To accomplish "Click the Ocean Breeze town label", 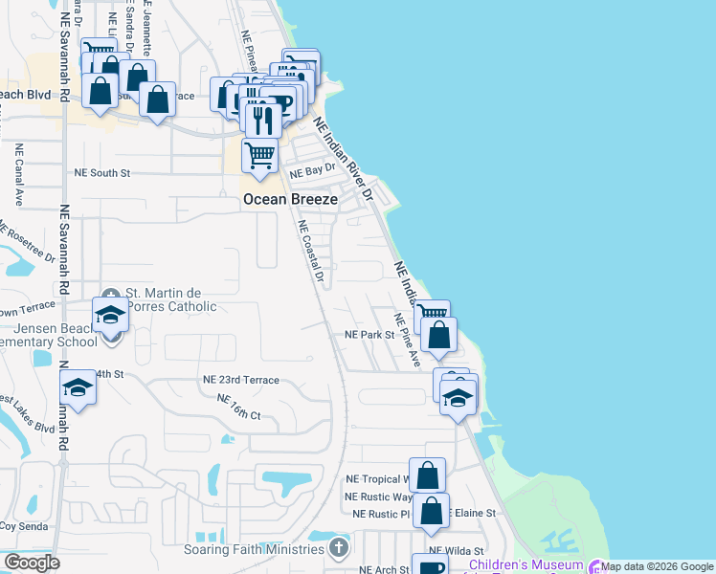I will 290,199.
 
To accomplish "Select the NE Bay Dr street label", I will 313,169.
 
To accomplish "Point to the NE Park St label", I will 369,335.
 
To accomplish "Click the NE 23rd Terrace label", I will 240,380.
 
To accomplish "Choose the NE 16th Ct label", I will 239,407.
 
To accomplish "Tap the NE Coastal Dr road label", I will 312,252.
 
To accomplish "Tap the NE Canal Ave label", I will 18,175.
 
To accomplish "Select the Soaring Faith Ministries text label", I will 257,549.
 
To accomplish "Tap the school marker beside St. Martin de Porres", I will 111,315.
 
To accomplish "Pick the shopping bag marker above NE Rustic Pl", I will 432,511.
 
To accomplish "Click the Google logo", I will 32,563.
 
